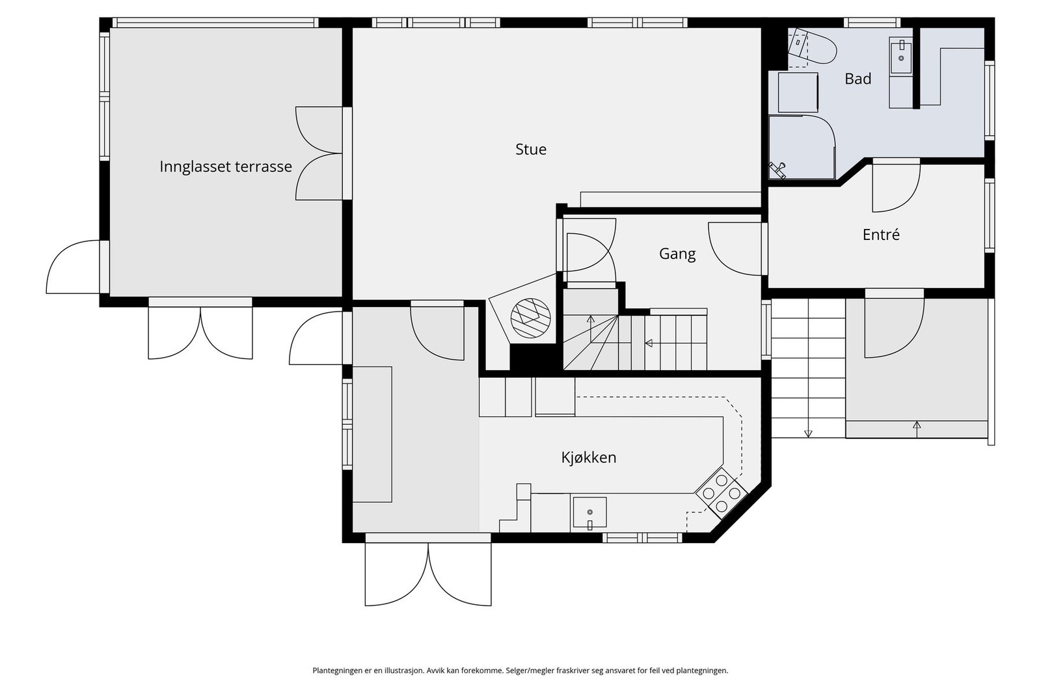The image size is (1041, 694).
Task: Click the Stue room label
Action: (531, 149)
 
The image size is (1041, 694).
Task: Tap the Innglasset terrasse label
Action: (225, 167)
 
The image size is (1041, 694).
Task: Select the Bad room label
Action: (858, 79)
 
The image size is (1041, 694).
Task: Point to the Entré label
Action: (881, 235)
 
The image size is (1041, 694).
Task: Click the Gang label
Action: (677, 254)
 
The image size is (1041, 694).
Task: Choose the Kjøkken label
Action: (589, 457)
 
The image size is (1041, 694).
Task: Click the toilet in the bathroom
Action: (813, 47)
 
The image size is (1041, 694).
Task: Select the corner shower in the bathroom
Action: (802, 147)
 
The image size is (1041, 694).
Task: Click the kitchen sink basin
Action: (589, 513)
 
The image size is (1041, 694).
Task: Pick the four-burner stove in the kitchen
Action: (721, 492)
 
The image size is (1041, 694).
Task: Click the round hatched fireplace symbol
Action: (530, 318)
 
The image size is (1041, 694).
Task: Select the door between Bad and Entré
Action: (896, 185)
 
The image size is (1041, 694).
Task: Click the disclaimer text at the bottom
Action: (520, 671)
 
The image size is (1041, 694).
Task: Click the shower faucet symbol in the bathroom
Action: (777, 170)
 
